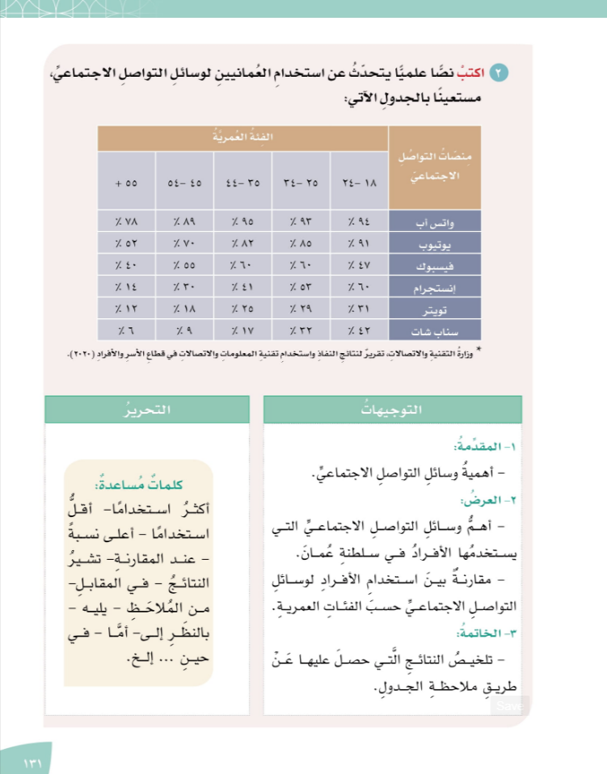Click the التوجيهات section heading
(x=393, y=410)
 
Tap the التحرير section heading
(x=148, y=410)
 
